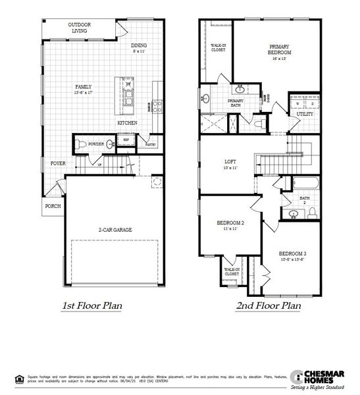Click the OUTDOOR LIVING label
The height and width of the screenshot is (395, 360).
(80, 28)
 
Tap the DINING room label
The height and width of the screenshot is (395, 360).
(139, 48)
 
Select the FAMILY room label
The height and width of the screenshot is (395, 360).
(84, 90)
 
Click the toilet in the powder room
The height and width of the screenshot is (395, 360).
(78, 144)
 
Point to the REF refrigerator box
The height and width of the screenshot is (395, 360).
(126, 140)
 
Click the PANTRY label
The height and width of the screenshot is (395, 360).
(151, 143)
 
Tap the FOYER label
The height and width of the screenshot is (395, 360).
(59, 163)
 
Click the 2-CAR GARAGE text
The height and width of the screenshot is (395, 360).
(115, 230)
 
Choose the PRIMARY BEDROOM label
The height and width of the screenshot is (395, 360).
(280, 52)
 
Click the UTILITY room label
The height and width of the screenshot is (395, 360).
(305, 114)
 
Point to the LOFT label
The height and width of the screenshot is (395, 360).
(230, 163)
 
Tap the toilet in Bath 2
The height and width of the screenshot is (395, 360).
(313, 211)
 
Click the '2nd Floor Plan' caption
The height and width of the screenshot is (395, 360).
(269, 305)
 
